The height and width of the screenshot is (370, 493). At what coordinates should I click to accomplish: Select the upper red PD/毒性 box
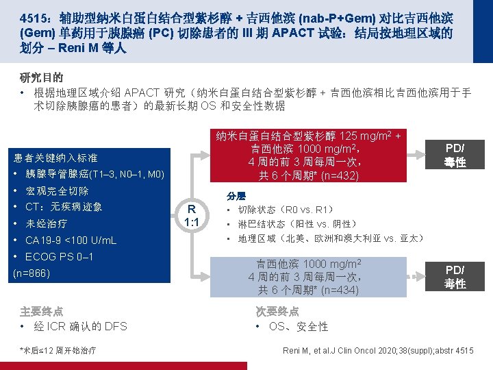pos(455,155)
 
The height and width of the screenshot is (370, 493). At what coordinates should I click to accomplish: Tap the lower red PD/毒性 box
pos(455,276)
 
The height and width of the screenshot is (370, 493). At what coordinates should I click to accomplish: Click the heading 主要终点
pos(42,310)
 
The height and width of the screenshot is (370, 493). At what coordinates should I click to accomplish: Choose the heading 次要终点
pos(277,310)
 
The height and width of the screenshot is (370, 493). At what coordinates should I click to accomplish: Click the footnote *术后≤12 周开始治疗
pos(59,351)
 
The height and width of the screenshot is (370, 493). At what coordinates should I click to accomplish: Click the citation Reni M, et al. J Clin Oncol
pos(378,351)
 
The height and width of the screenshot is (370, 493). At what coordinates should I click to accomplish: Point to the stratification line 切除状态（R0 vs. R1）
pos(286,209)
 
